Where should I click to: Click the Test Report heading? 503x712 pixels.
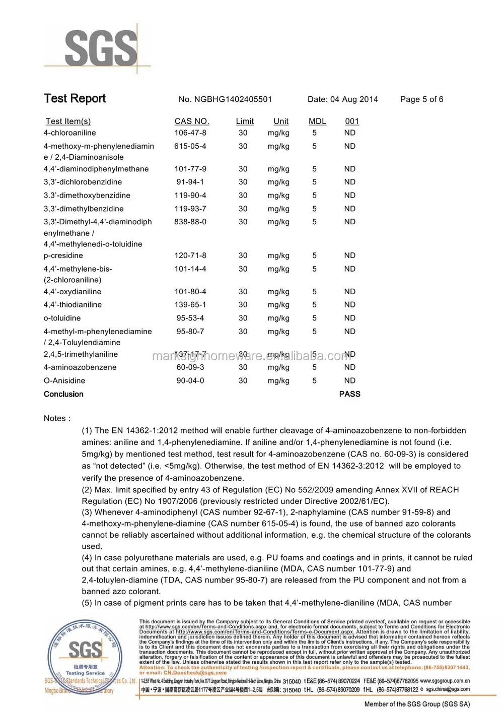click(75, 98)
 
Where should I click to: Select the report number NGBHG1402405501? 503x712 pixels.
click(225, 99)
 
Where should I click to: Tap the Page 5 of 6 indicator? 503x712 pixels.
click(421, 99)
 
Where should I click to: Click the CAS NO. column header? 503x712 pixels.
click(192, 121)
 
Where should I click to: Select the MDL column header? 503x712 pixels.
click(317, 121)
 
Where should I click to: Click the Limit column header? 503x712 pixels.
click(245, 121)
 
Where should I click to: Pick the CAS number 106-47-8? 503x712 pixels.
click(190, 133)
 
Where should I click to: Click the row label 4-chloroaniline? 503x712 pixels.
click(69, 133)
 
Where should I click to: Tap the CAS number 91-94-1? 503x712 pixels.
click(190, 182)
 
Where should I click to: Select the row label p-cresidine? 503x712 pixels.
click(63, 255)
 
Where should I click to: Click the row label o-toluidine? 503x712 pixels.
click(62, 318)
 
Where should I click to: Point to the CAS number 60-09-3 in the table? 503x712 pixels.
click(190, 367)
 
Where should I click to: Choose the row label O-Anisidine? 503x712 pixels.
click(64, 380)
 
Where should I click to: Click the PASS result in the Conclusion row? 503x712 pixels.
click(349, 394)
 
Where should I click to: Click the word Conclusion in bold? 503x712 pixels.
click(63, 394)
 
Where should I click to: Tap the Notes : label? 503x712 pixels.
click(57, 418)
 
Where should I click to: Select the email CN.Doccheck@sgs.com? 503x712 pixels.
click(195, 672)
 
